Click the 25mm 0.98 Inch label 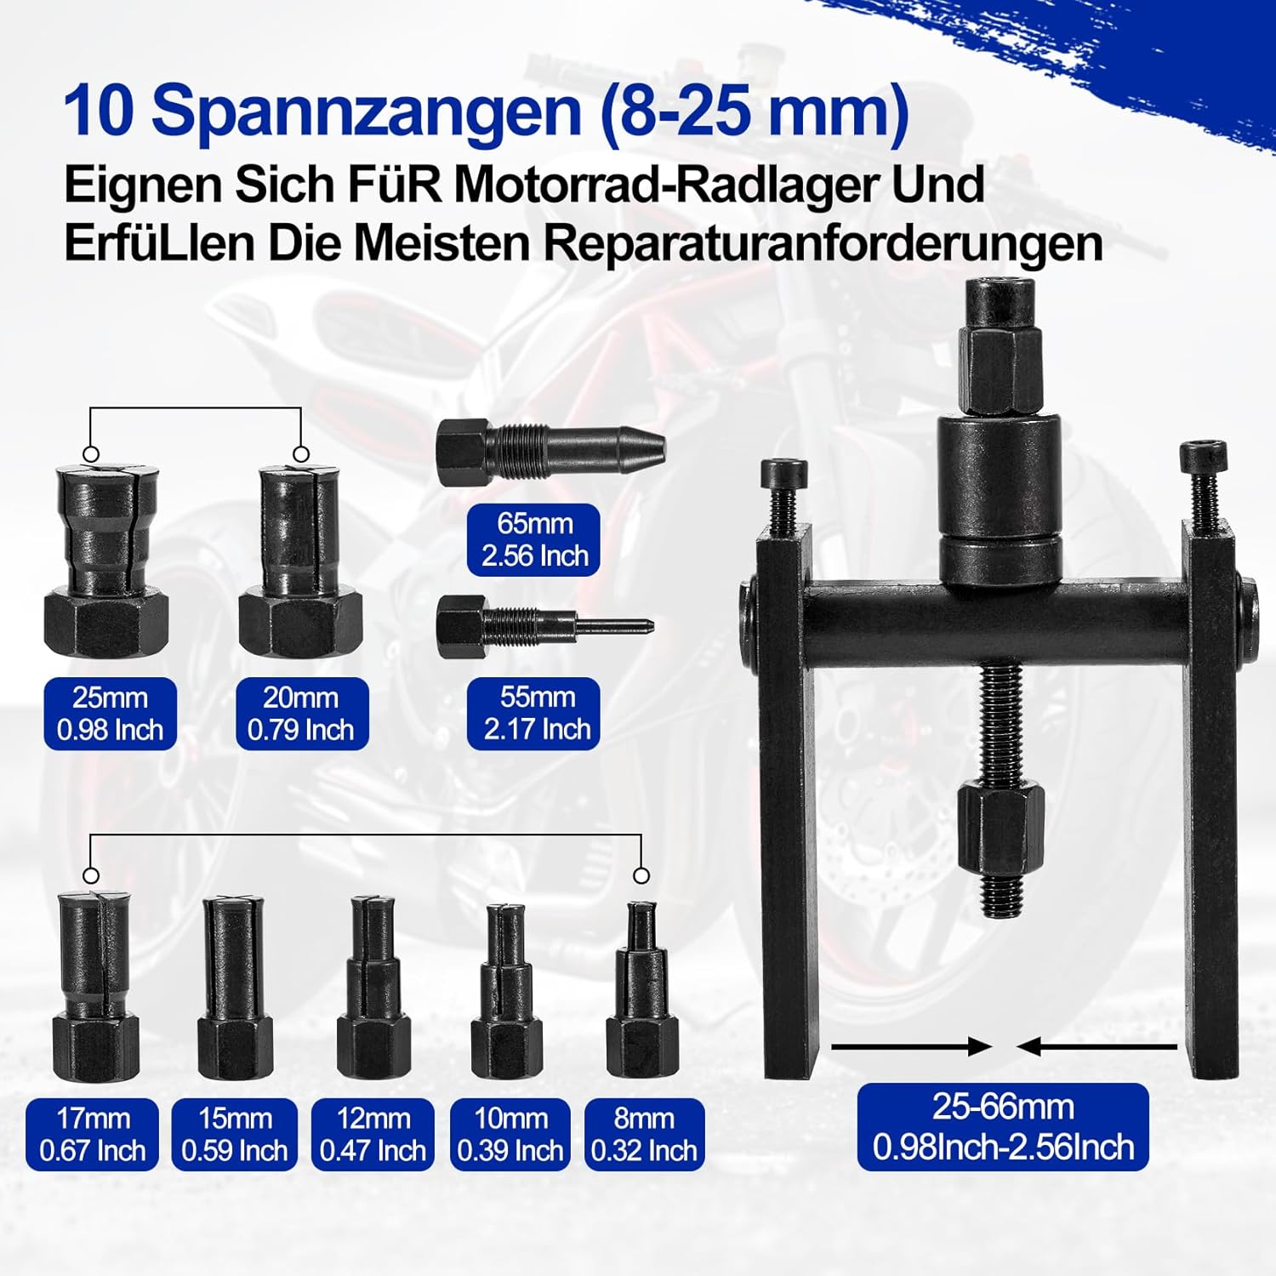pos(111,714)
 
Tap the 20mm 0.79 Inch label pos(301,714)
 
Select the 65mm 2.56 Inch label pos(534,539)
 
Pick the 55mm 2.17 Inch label pos(534,714)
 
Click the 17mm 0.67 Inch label pos(93,1134)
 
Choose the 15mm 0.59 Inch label pos(235,1134)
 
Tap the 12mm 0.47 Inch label pos(373,1134)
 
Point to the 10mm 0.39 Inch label pos(510,1134)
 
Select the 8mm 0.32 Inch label pos(644,1134)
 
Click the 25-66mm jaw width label pos(1003,1126)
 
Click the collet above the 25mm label pos(105,561)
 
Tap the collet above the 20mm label pos(300,561)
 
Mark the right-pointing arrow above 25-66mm pos(912,1047)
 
